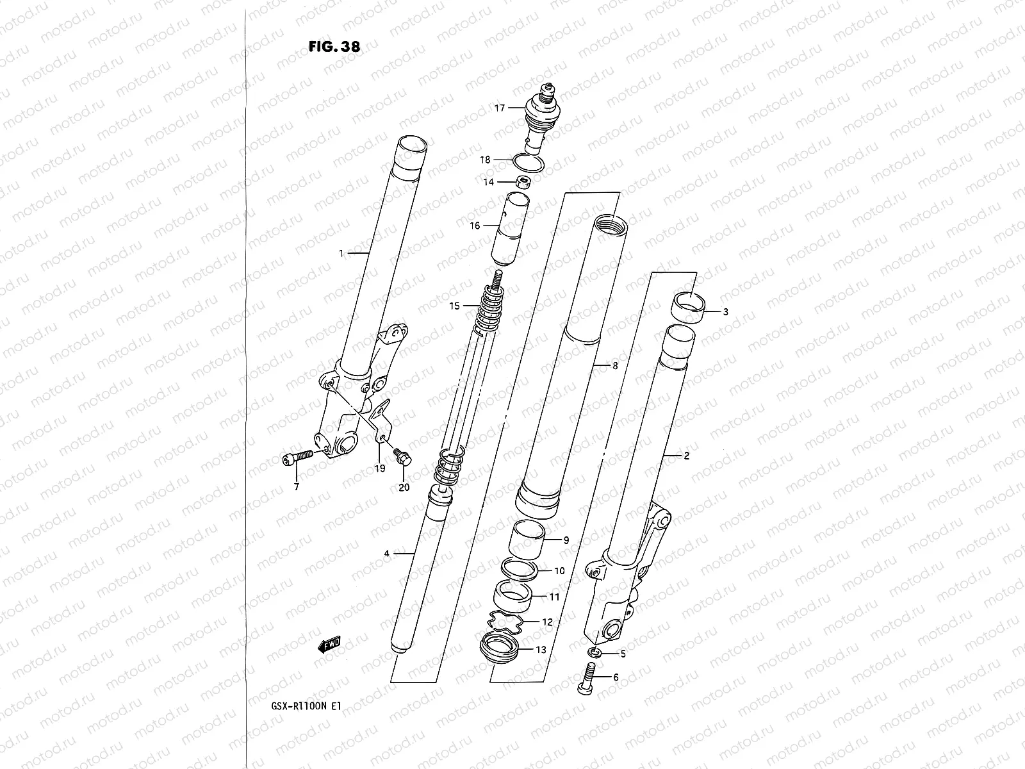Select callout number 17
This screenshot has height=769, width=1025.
point(500,108)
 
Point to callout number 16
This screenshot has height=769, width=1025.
point(474,226)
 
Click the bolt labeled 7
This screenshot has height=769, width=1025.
point(297,458)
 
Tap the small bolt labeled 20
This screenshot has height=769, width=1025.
point(403,456)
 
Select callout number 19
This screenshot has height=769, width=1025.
point(379,468)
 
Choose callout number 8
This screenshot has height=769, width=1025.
point(614,366)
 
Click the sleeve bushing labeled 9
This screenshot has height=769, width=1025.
point(527,540)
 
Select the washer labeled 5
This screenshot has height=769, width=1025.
point(595,652)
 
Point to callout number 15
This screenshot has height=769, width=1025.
point(454,306)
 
